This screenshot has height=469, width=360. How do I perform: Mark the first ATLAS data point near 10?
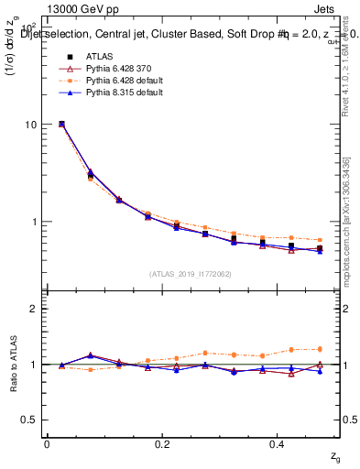coord(61,124)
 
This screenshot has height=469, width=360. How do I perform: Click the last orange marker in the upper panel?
coord(320,240)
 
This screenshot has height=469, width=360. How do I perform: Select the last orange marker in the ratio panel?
coord(320,349)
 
